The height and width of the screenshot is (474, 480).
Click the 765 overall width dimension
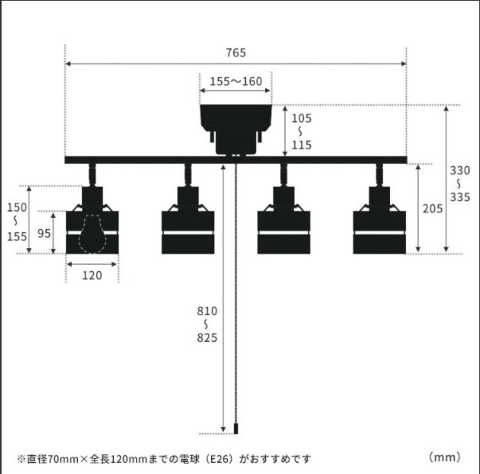[236, 53]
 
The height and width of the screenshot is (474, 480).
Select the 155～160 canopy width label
[236, 81]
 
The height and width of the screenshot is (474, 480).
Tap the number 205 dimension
[432, 208]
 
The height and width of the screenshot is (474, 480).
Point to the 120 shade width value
[92, 276]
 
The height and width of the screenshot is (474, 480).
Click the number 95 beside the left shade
[44, 233]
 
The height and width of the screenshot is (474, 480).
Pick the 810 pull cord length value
[207, 311]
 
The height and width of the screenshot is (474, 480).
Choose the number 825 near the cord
[207, 338]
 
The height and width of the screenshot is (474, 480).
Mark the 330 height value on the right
[460, 171]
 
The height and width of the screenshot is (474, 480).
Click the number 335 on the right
[460, 197]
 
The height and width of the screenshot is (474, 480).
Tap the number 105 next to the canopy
[301, 118]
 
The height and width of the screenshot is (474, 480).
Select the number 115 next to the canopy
[301, 145]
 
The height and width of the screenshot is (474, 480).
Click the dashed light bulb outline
[92, 234]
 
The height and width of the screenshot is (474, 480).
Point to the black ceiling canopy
[236, 127]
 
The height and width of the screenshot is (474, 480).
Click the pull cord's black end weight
[236, 429]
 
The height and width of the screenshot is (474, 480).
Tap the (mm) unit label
[444, 457]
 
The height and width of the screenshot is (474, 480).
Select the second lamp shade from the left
[188, 232]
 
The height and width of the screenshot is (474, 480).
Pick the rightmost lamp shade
[379, 232]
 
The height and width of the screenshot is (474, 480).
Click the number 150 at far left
[17, 207]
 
